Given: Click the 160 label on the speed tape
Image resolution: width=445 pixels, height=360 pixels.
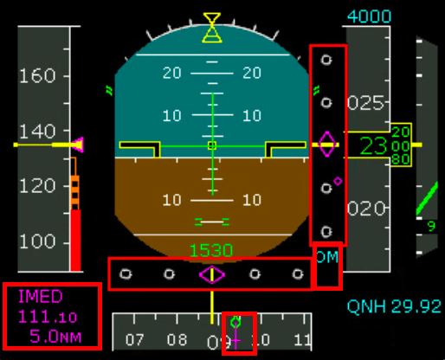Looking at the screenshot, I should click(x=37, y=76).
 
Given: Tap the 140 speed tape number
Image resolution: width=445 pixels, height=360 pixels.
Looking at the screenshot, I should click(x=37, y=132).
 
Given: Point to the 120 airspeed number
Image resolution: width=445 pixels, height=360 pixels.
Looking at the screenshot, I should click(x=37, y=186).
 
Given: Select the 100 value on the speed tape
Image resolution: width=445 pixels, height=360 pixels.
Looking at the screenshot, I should click(x=37, y=241).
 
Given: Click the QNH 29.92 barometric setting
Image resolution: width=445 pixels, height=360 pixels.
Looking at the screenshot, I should click(x=394, y=305).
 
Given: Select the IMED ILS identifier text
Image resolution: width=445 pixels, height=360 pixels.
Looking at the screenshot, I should click(x=40, y=296).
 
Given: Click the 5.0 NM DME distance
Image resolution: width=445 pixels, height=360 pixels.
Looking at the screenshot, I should click(x=55, y=336).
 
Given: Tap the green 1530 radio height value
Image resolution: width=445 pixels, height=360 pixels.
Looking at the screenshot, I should click(x=211, y=251).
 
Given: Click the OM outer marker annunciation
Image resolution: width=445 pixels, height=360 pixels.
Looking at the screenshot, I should click(x=327, y=257).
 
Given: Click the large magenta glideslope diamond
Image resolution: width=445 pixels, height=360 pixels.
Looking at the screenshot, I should click(x=326, y=145).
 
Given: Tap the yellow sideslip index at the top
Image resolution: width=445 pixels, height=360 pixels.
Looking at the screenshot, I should click(x=212, y=28).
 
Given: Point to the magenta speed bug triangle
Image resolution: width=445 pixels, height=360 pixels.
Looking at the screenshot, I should click(x=78, y=145).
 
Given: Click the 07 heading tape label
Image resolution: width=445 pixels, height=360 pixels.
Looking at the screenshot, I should click(x=134, y=339).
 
